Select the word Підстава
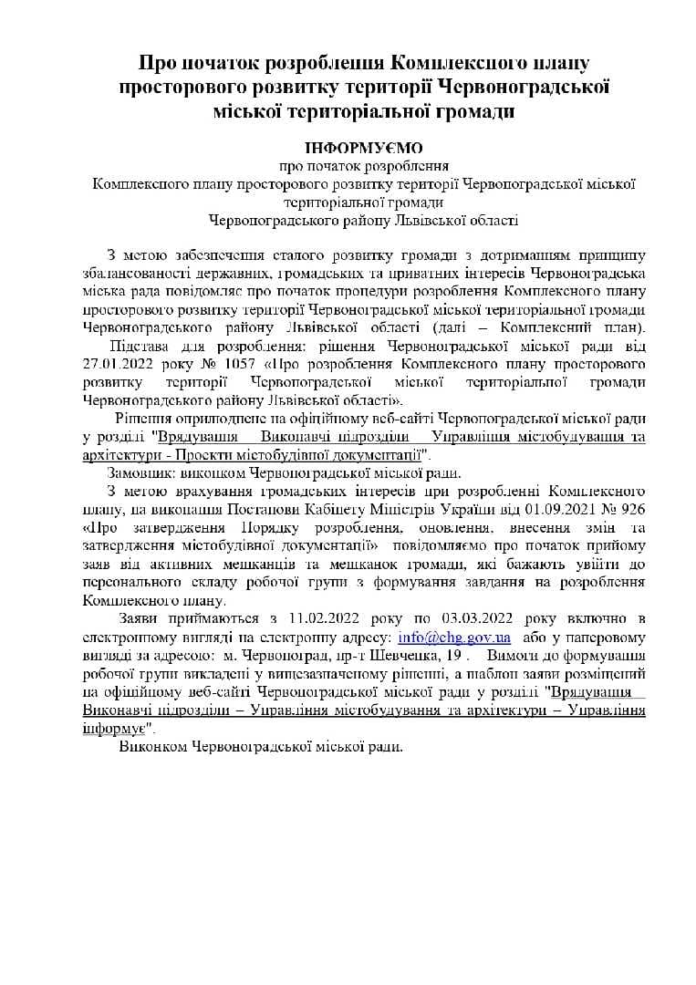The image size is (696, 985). [x=142, y=347]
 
